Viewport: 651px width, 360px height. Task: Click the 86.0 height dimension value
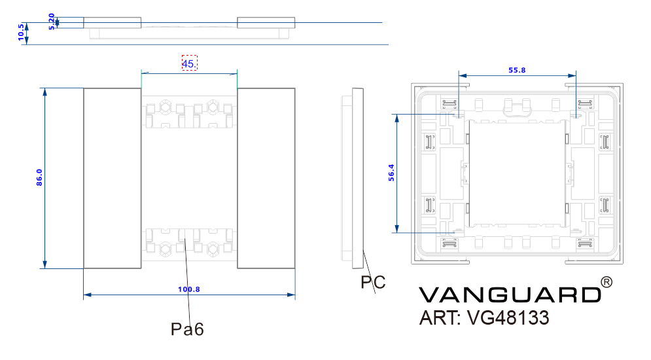pos(39,178)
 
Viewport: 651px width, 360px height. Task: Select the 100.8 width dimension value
pos(189,289)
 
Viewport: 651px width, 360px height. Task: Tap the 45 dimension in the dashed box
pos(188,63)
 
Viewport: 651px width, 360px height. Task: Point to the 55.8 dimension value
pos(517,69)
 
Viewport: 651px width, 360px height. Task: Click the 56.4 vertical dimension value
pos(391,173)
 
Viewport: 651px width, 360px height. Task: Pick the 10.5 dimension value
pos(22,33)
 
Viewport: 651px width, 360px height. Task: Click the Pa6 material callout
pos(188,329)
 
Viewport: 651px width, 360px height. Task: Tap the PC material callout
pos(373,283)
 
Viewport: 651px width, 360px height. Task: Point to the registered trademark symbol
pos(607,282)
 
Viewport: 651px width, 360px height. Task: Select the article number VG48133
pos(508,318)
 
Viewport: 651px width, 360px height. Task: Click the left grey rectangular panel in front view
pos(113,178)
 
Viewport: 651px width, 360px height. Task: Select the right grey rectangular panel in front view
pos(266,178)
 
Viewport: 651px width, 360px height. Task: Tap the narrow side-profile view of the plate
pos(357,178)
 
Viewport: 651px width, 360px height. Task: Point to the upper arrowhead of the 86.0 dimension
pos(45,92)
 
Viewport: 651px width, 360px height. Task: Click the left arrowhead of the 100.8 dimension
pos(88,295)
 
